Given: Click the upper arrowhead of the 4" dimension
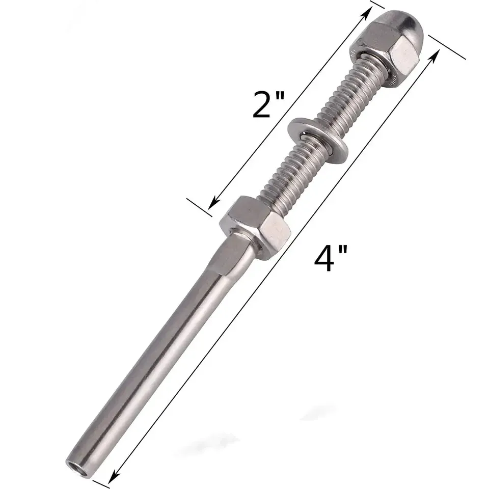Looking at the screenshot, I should tap(436, 55).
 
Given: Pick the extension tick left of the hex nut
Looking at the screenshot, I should tap(199, 207).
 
